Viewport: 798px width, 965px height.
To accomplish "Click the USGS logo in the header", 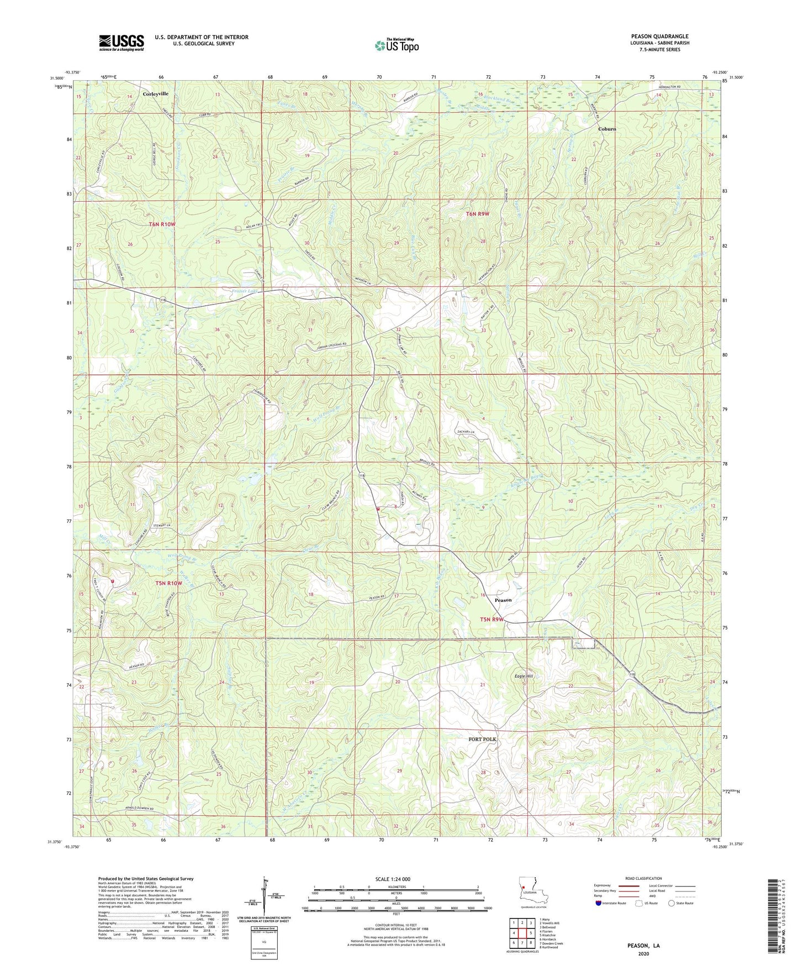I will pyautogui.click(x=121, y=43).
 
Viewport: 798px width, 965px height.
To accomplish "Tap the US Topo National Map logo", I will pyautogui.click(x=396, y=45).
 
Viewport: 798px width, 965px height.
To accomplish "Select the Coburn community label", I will pyautogui.click(x=607, y=129).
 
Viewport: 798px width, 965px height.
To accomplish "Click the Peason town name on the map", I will pyautogui.click(x=503, y=600).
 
